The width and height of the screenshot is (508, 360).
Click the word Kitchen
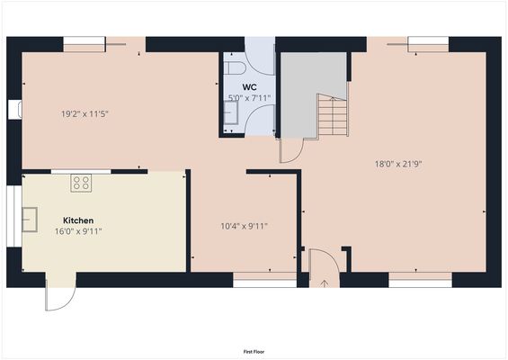click(78, 220)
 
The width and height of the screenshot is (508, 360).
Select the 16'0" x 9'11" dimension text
click(78, 231)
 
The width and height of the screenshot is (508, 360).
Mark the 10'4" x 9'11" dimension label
click(245, 227)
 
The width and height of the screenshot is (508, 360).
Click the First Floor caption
click(254, 351)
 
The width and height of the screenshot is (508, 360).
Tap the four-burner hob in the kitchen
click(81, 183)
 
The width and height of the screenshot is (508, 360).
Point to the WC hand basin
click(230, 112)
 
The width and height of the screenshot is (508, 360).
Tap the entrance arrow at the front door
click(325, 282)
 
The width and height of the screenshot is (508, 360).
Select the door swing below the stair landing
click(291, 151)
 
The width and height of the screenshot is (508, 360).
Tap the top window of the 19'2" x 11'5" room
click(83, 40)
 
